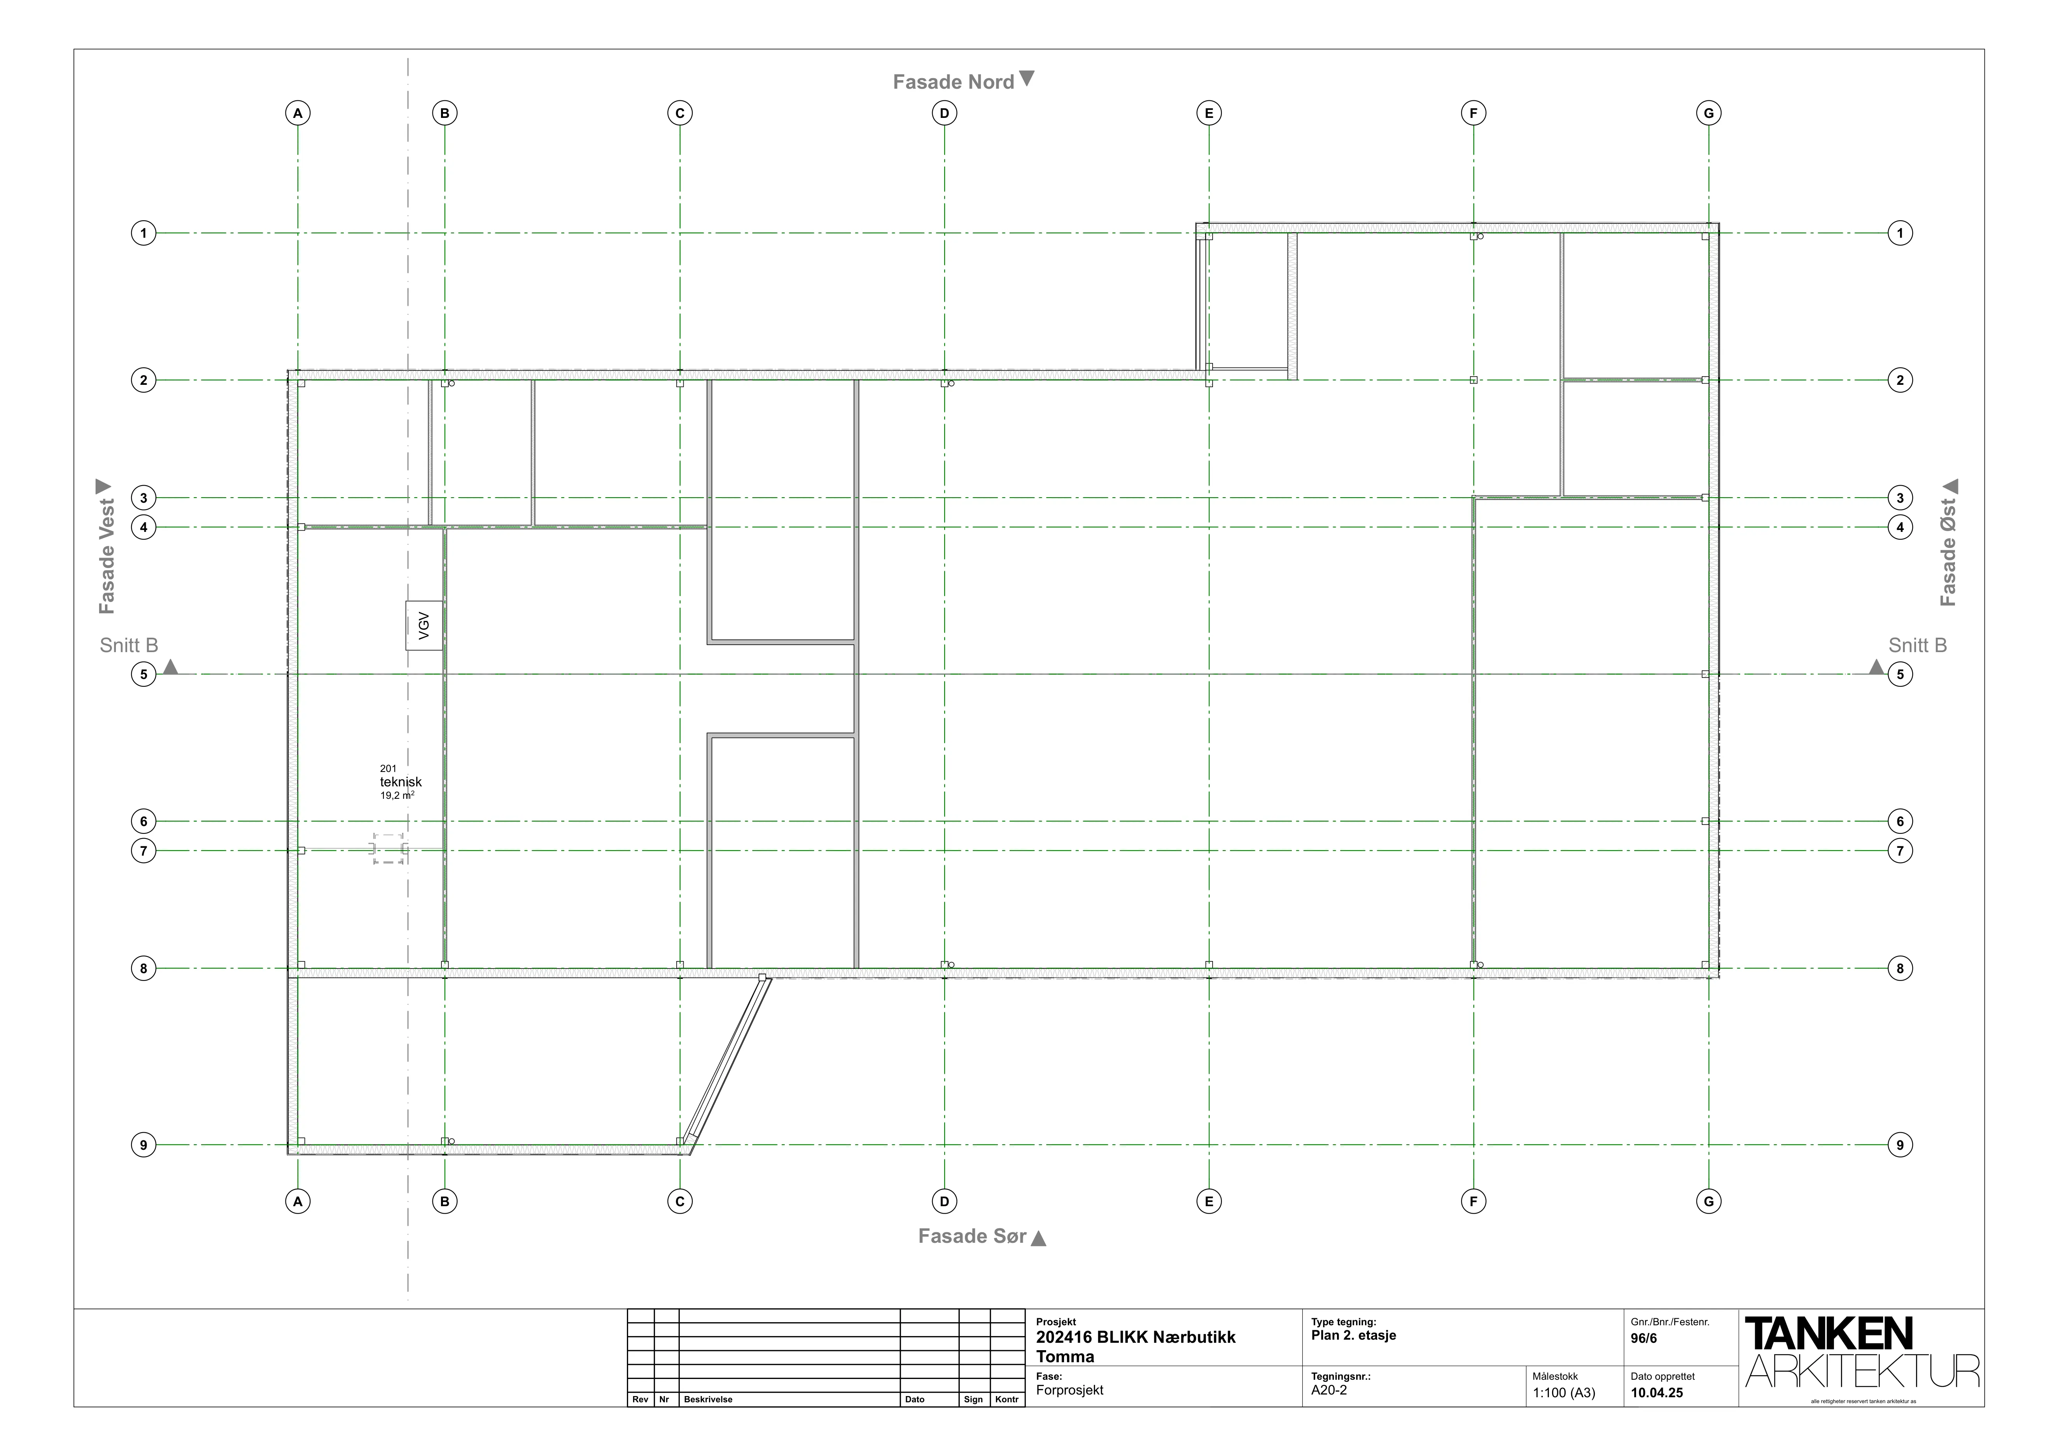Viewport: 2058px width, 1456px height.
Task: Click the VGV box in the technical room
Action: (424, 625)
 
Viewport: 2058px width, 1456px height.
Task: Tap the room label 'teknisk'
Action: (401, 782)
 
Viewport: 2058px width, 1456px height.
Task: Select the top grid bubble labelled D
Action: (944, 113)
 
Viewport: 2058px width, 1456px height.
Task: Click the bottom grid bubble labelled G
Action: (1708, 1202)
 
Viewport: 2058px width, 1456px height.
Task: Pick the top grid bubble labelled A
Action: (297, 113)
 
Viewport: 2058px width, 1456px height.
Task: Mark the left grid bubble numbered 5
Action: (143, 674)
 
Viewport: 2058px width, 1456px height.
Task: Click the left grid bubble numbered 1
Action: (143, 233)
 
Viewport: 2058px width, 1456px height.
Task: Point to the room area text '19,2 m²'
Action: (397, 795)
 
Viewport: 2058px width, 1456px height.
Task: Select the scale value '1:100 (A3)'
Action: (1564, 1393)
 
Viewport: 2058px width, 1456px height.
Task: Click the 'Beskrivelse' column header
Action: (708, 1400)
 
